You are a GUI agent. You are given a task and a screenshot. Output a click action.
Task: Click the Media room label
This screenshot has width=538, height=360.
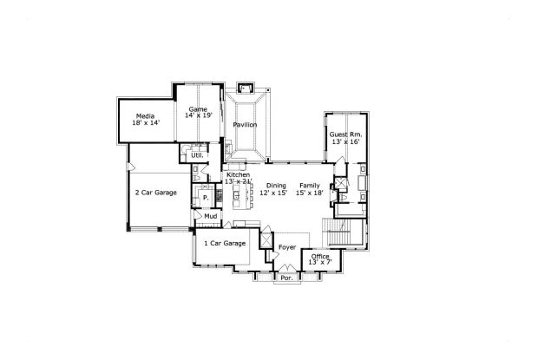click(144, 116)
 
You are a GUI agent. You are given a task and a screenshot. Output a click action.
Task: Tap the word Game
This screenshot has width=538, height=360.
click(198, 108)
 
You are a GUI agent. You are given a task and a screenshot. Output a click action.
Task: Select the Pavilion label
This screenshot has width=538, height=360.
click(245, 125)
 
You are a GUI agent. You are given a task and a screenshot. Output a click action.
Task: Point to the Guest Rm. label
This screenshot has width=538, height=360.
click(344, 134)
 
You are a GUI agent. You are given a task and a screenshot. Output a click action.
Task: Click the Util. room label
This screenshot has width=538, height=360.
click(197, 155)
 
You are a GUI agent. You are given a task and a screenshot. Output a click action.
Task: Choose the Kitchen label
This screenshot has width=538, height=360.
click(238, 175)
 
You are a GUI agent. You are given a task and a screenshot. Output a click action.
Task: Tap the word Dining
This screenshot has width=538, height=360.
click(276, 186)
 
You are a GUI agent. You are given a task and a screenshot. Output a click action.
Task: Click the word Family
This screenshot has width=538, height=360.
click(309, 186)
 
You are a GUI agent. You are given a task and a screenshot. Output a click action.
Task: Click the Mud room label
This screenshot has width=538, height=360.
click(209, 216)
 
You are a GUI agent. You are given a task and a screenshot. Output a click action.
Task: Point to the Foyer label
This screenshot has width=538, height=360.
click(287, 248)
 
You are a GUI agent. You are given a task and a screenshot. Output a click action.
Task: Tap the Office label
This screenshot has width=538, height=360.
click(320, 257)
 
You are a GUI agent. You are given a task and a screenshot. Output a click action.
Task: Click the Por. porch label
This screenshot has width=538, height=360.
click(285, 279)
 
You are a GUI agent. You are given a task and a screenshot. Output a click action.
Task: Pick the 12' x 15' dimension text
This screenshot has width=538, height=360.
click(273, 193)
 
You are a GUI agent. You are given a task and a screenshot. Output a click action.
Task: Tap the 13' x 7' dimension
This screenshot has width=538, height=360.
click(320, 264)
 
